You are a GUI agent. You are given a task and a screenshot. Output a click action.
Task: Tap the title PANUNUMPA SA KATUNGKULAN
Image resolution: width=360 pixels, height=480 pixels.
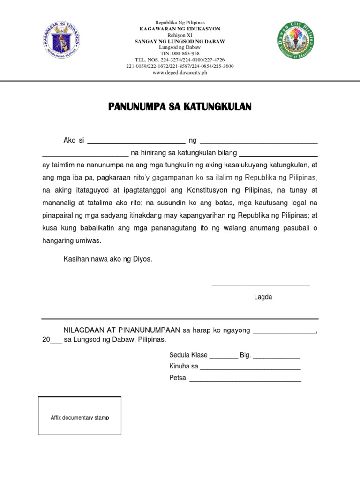click(180, 107)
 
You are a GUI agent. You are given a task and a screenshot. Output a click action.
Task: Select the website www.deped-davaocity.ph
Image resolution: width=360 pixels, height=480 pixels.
click(180, 73)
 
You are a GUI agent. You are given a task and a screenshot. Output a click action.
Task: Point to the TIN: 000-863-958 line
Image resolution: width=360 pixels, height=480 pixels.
click(180, 53)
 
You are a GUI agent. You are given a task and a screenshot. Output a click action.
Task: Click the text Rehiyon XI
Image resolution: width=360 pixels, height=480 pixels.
click(180, 35)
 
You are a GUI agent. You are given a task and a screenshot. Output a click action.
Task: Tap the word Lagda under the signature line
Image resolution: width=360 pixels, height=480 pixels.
click(263, 297)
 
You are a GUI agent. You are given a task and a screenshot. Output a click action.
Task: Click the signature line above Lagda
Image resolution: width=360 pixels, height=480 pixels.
click(261, 284)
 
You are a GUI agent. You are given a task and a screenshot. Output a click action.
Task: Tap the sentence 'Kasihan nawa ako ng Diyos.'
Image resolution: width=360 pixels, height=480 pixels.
click(108, 259)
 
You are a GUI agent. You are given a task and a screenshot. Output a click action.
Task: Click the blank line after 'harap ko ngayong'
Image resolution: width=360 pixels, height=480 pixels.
click(285, 332)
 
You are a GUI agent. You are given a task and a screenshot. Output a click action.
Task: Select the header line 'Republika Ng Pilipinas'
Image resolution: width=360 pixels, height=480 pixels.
click(180, 23)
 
